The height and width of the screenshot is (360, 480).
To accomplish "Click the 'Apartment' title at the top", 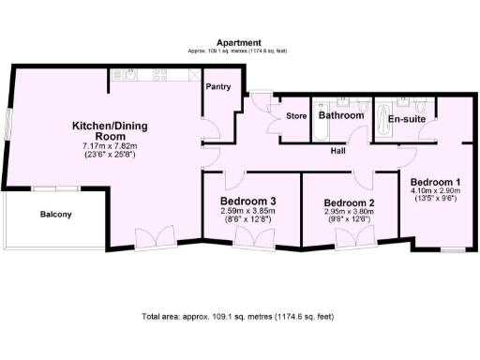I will pos(238,43).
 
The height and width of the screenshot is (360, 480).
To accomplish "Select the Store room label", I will pos(295,117).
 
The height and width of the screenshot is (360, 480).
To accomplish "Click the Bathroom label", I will pos(340,116).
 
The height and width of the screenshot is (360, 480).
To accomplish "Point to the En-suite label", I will pos(407,119).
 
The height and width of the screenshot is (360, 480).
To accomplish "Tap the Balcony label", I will pos(55,215).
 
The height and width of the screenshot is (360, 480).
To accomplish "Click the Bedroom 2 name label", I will pos(349,202).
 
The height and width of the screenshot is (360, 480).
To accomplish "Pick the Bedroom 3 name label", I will pos(247,201).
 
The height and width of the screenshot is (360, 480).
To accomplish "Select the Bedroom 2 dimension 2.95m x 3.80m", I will pos(349,213).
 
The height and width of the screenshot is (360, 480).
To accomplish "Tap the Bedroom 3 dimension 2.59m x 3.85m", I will pos(247,211).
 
